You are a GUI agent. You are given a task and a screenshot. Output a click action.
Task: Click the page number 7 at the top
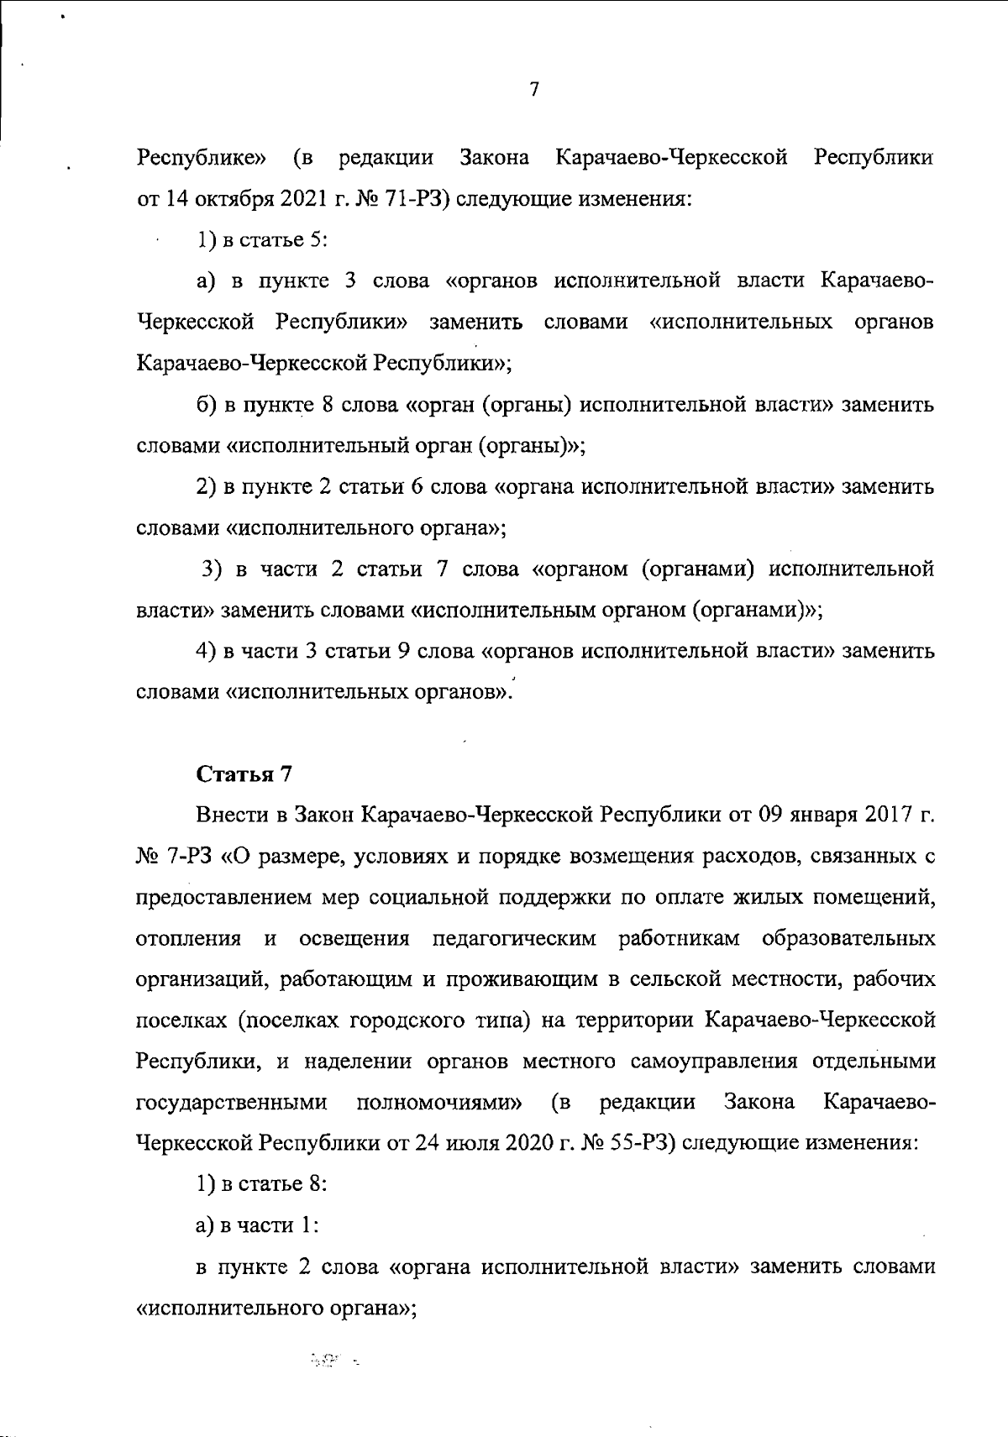pyautogui.click(x=534, y=90)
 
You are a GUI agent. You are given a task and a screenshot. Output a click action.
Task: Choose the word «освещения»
pyautogui.click(x=354, y=938)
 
